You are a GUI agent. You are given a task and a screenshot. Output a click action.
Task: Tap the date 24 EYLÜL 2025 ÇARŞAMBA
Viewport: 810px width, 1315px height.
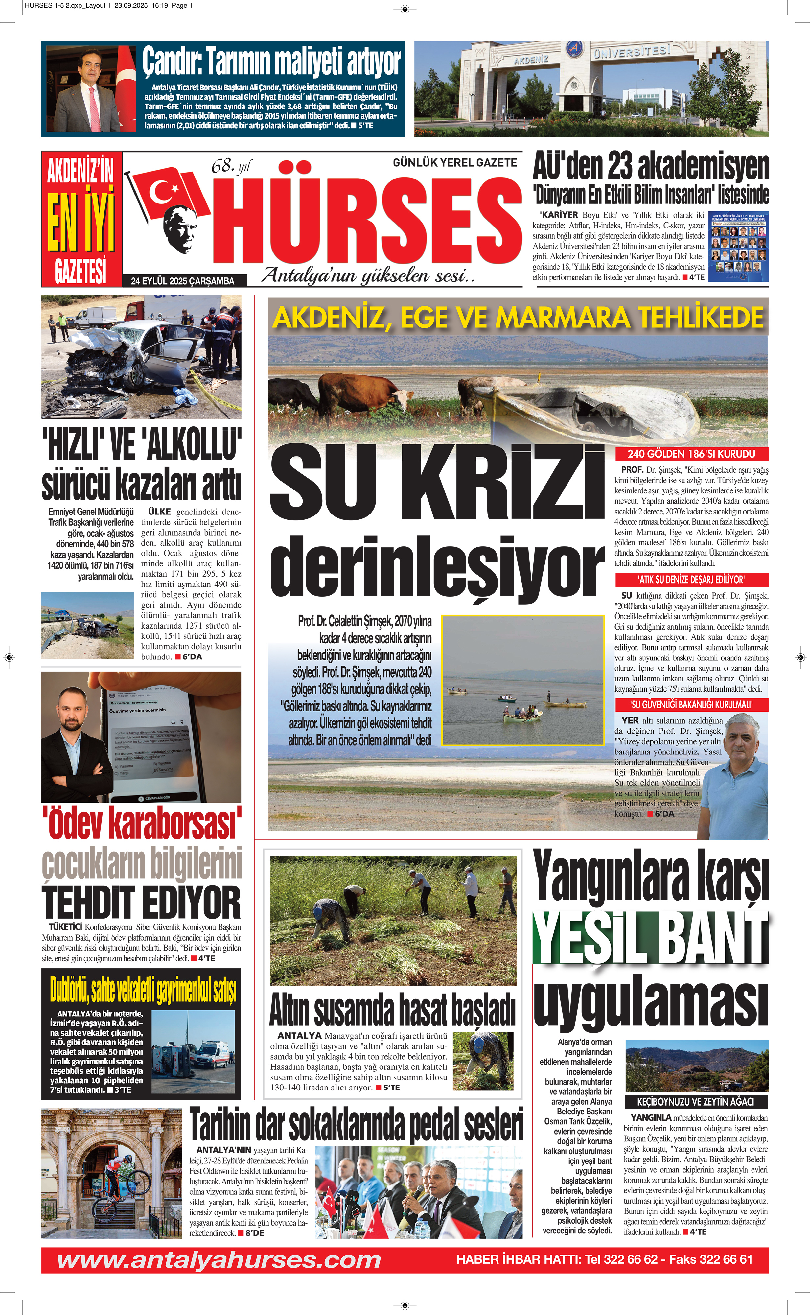tap(183, 281)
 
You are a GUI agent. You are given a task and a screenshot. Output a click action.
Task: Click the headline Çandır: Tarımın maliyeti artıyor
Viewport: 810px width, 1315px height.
tap(272, 61)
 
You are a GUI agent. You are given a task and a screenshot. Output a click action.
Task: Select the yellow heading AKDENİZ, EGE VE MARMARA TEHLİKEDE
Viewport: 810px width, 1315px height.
tap(518, 318)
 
